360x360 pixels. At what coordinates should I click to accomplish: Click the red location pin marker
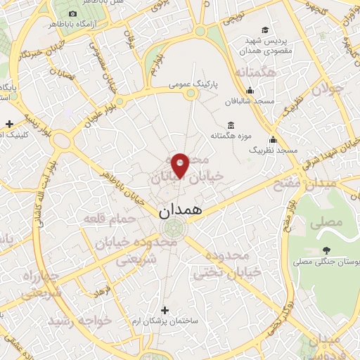click(x=181, y=164)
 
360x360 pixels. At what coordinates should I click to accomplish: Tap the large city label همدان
click(x=181, y=210)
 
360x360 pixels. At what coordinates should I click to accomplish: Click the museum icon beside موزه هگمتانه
click(x=232, y=124)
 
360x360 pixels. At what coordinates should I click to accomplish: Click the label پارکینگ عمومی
click(x=193, y=84)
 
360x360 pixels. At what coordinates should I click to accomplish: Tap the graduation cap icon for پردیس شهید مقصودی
click(x=264, y=30)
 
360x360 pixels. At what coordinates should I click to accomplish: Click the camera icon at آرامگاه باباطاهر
click(x=73, y=14)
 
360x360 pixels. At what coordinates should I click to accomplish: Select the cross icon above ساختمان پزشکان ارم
click(x=165, y=309)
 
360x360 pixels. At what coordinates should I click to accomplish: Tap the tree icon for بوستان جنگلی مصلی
click(x=326, y=250)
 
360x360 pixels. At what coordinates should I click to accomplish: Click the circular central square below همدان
click(x=174, y=226)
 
